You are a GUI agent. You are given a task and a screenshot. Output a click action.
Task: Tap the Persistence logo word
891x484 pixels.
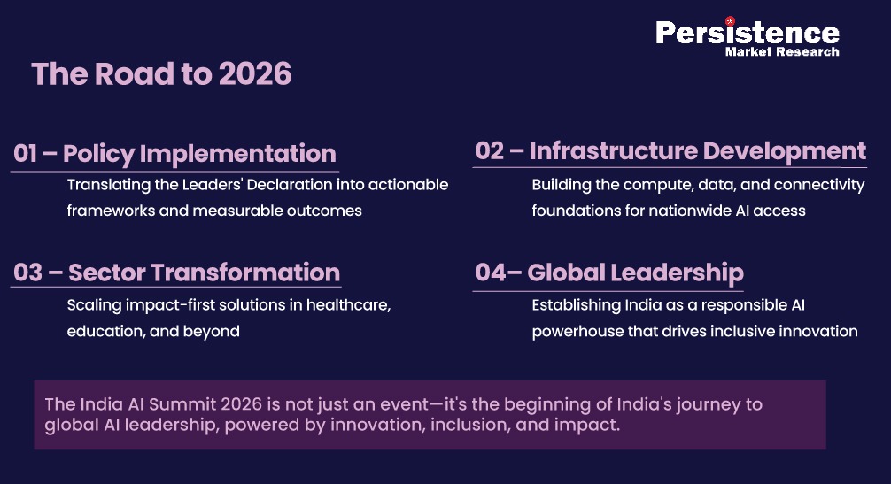747,33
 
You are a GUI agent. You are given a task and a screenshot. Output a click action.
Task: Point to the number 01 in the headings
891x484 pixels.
25,153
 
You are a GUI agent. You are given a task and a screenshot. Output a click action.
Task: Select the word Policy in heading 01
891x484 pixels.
98,153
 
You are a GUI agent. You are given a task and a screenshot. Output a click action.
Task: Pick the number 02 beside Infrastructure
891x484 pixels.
489,150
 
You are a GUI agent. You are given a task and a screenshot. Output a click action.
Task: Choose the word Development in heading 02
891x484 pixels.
785,150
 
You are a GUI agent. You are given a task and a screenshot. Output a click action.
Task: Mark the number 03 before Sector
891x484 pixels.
27,273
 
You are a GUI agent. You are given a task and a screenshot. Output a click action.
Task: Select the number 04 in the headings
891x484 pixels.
490,273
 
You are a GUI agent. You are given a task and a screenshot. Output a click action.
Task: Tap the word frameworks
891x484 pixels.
109,211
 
